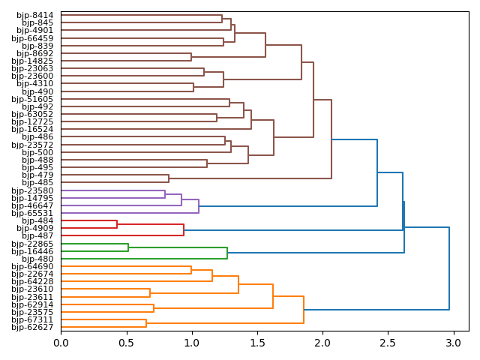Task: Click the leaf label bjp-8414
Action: pos(35,15)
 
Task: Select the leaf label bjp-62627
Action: pos(33,327)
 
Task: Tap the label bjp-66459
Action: pos(33,38)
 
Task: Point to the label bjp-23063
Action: pos(33,68)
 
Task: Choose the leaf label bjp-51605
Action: pos(33,99)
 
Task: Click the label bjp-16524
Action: pos(33,129)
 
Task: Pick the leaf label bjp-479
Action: pos(38,175)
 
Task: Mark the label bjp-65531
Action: pos(33,213)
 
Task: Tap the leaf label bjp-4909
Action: pos(35,228)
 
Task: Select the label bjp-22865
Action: pos(33,244)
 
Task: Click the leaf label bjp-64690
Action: pos(33,266)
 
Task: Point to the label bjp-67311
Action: pos(33,319)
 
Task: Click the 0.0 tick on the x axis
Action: pos(61,343)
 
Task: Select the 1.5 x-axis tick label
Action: pos(257,343)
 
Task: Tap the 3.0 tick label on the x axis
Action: pos(453,343)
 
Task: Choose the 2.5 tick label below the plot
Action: pos(388,343)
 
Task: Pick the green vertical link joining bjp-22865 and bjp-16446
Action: pos(128,247)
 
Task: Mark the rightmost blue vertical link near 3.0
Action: pos(449,268)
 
